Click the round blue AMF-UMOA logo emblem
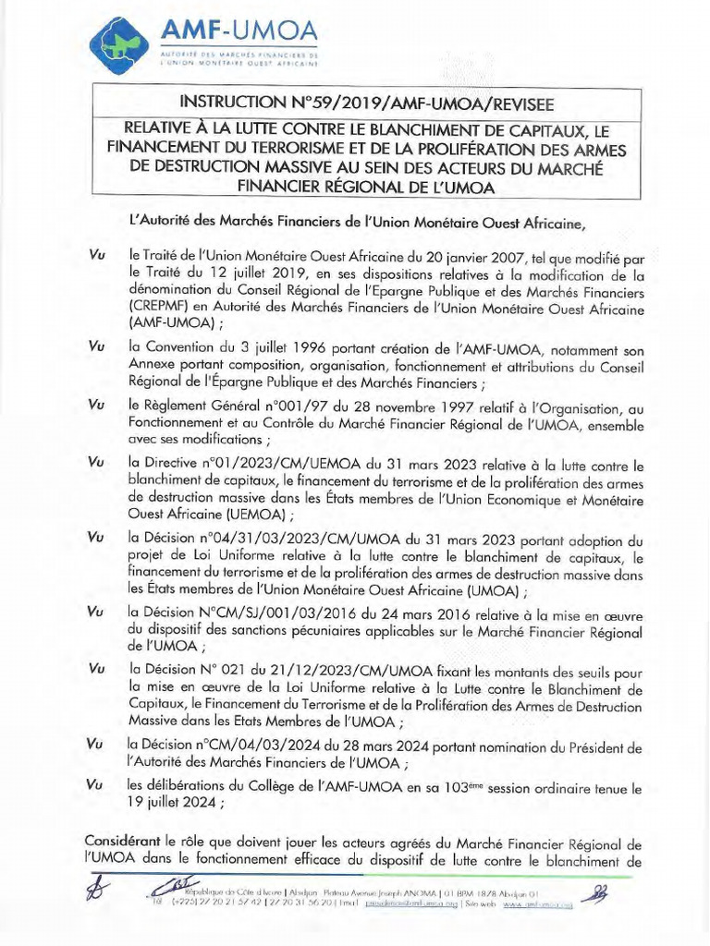[123, 43]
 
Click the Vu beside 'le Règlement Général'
[94, 406]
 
